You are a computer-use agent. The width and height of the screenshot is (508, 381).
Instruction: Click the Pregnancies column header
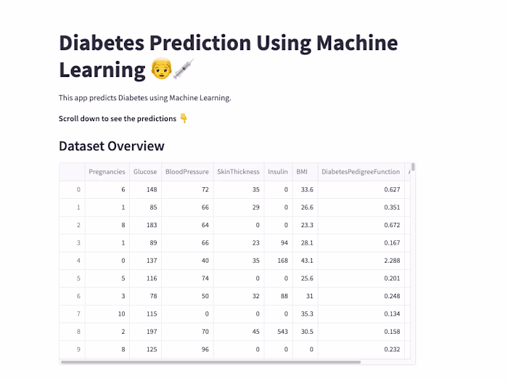107,172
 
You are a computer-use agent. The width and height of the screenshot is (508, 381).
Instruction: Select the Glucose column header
144,172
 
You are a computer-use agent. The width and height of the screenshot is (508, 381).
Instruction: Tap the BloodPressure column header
187,172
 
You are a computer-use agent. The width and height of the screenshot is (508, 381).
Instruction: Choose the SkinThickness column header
238,172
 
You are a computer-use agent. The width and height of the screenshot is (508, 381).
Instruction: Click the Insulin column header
277,172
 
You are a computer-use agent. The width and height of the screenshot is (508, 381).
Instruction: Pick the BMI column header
302,172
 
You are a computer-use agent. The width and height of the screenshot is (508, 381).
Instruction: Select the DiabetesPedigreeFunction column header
361,172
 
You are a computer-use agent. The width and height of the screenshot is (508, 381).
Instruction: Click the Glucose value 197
151,331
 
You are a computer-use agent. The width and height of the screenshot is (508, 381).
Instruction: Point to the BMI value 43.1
306,260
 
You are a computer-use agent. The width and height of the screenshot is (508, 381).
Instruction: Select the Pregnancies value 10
120,314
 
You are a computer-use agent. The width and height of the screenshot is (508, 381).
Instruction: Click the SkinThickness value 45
255,331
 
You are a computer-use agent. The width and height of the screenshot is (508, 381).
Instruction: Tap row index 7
78,314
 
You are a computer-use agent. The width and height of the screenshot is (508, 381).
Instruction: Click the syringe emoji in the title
183,70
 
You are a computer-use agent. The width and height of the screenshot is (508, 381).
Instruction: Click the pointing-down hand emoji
184,118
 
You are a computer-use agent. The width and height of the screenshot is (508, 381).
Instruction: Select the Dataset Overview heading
112,146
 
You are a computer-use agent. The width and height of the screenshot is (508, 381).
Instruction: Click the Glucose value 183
151,225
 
